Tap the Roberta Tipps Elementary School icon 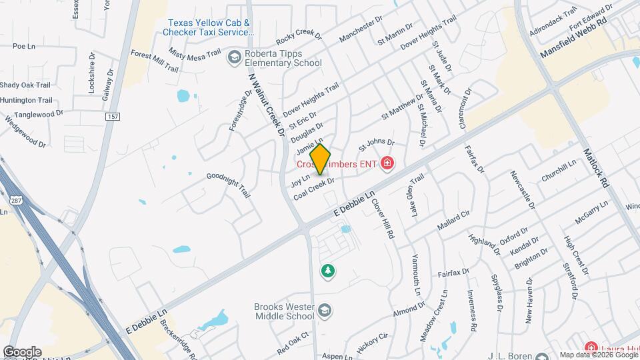pos(234,58)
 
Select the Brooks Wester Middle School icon pos(324,311)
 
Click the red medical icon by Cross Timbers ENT pos(387,163)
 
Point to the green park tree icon pos(328,271)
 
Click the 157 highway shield pos(111,117)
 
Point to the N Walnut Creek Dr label pos(264,103)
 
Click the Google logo pos(22,352)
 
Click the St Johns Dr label pos(377,143)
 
